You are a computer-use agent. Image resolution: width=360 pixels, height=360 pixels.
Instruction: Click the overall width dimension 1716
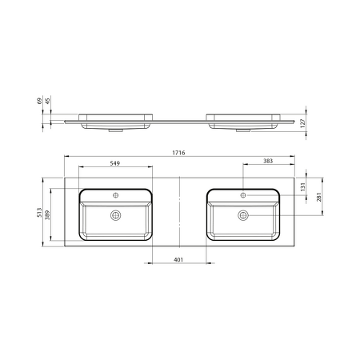click(178, 153)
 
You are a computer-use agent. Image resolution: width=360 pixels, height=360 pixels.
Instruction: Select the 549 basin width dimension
click(115, 163)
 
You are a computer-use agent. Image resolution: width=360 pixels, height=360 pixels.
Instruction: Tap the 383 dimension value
click(268, 161)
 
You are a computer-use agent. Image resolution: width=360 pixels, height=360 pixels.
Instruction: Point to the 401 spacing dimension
click(178, 259)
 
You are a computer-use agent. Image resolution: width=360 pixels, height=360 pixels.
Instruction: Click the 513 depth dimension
click(39, 213)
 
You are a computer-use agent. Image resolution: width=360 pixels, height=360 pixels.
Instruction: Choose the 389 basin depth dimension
click(47, 215)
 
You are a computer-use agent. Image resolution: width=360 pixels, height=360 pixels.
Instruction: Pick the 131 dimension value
click(302, 187)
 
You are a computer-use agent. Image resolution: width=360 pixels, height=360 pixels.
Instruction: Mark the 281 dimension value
click(319, 197)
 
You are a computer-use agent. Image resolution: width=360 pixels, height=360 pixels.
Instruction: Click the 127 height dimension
click(302, 123)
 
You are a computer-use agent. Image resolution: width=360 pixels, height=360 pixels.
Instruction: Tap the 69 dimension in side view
click(39, 101)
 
